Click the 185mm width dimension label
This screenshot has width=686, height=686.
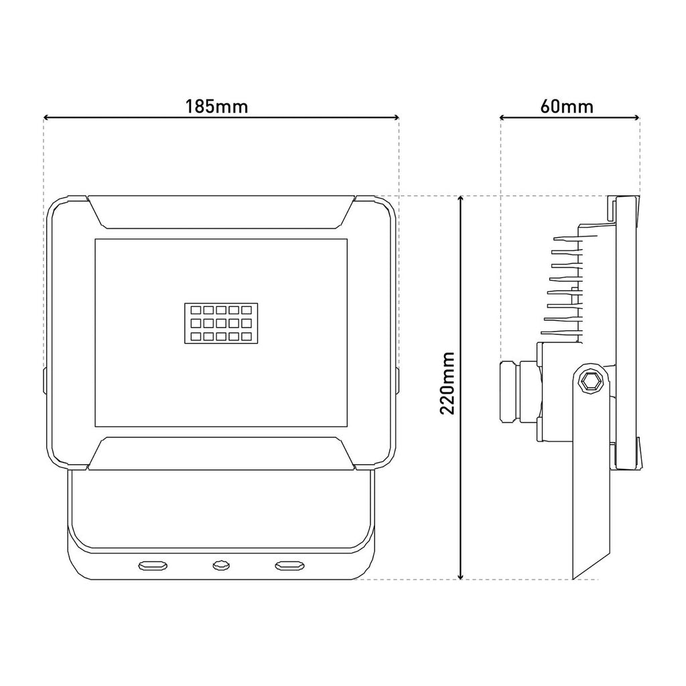click(216, 107)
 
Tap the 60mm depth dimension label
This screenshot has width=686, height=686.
click(567, 107)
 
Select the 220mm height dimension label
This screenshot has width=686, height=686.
click(448, 383)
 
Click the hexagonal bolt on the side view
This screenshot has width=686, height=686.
click(591, 383)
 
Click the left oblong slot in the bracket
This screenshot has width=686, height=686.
click(153, 565)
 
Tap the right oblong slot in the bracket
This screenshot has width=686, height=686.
click(289, 565)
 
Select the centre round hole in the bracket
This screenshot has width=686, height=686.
click(221, 565)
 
